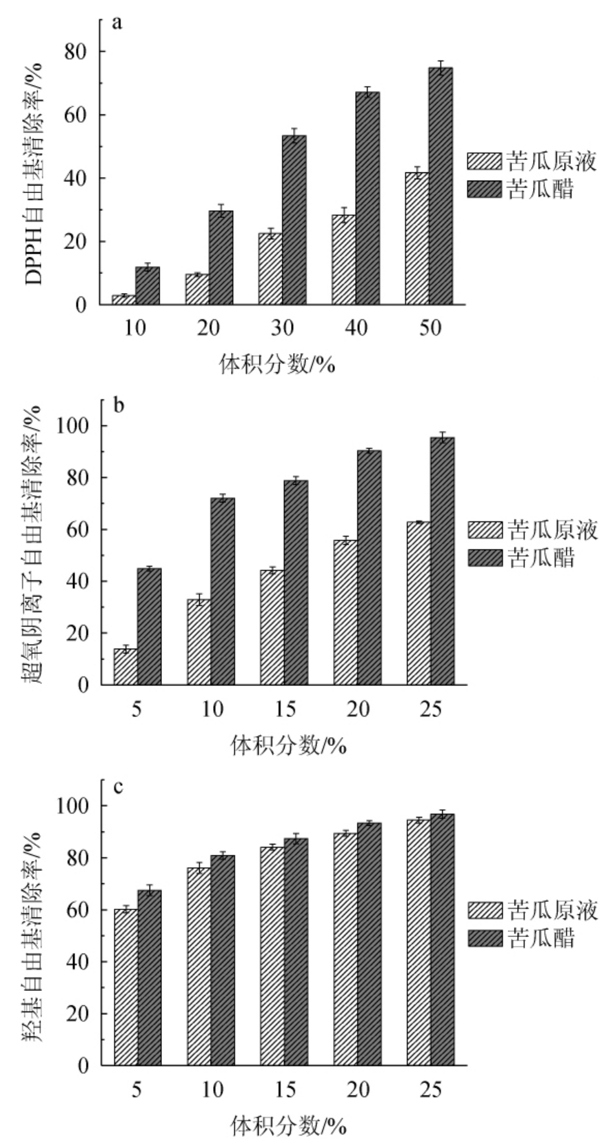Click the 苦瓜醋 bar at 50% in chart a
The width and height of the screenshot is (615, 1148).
tap(441, 186)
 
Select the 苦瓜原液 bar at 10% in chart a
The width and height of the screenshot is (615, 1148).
tap(124, 300)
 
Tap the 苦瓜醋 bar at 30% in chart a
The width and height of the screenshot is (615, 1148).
tap(294, 220)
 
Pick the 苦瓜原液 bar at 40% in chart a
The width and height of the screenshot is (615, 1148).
tap(343, 260)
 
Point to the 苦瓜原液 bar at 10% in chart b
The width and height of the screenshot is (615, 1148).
tap(199, 642)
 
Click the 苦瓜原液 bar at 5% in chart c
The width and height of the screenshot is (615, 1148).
tap(126, 987)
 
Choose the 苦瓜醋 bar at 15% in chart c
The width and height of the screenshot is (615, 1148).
tap(296, 952)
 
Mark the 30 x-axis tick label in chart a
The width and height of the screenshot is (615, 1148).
tap(283, 328)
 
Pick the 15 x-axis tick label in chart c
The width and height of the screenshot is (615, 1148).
tap(284, 1089)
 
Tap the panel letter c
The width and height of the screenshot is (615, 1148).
tap(117, 787)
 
